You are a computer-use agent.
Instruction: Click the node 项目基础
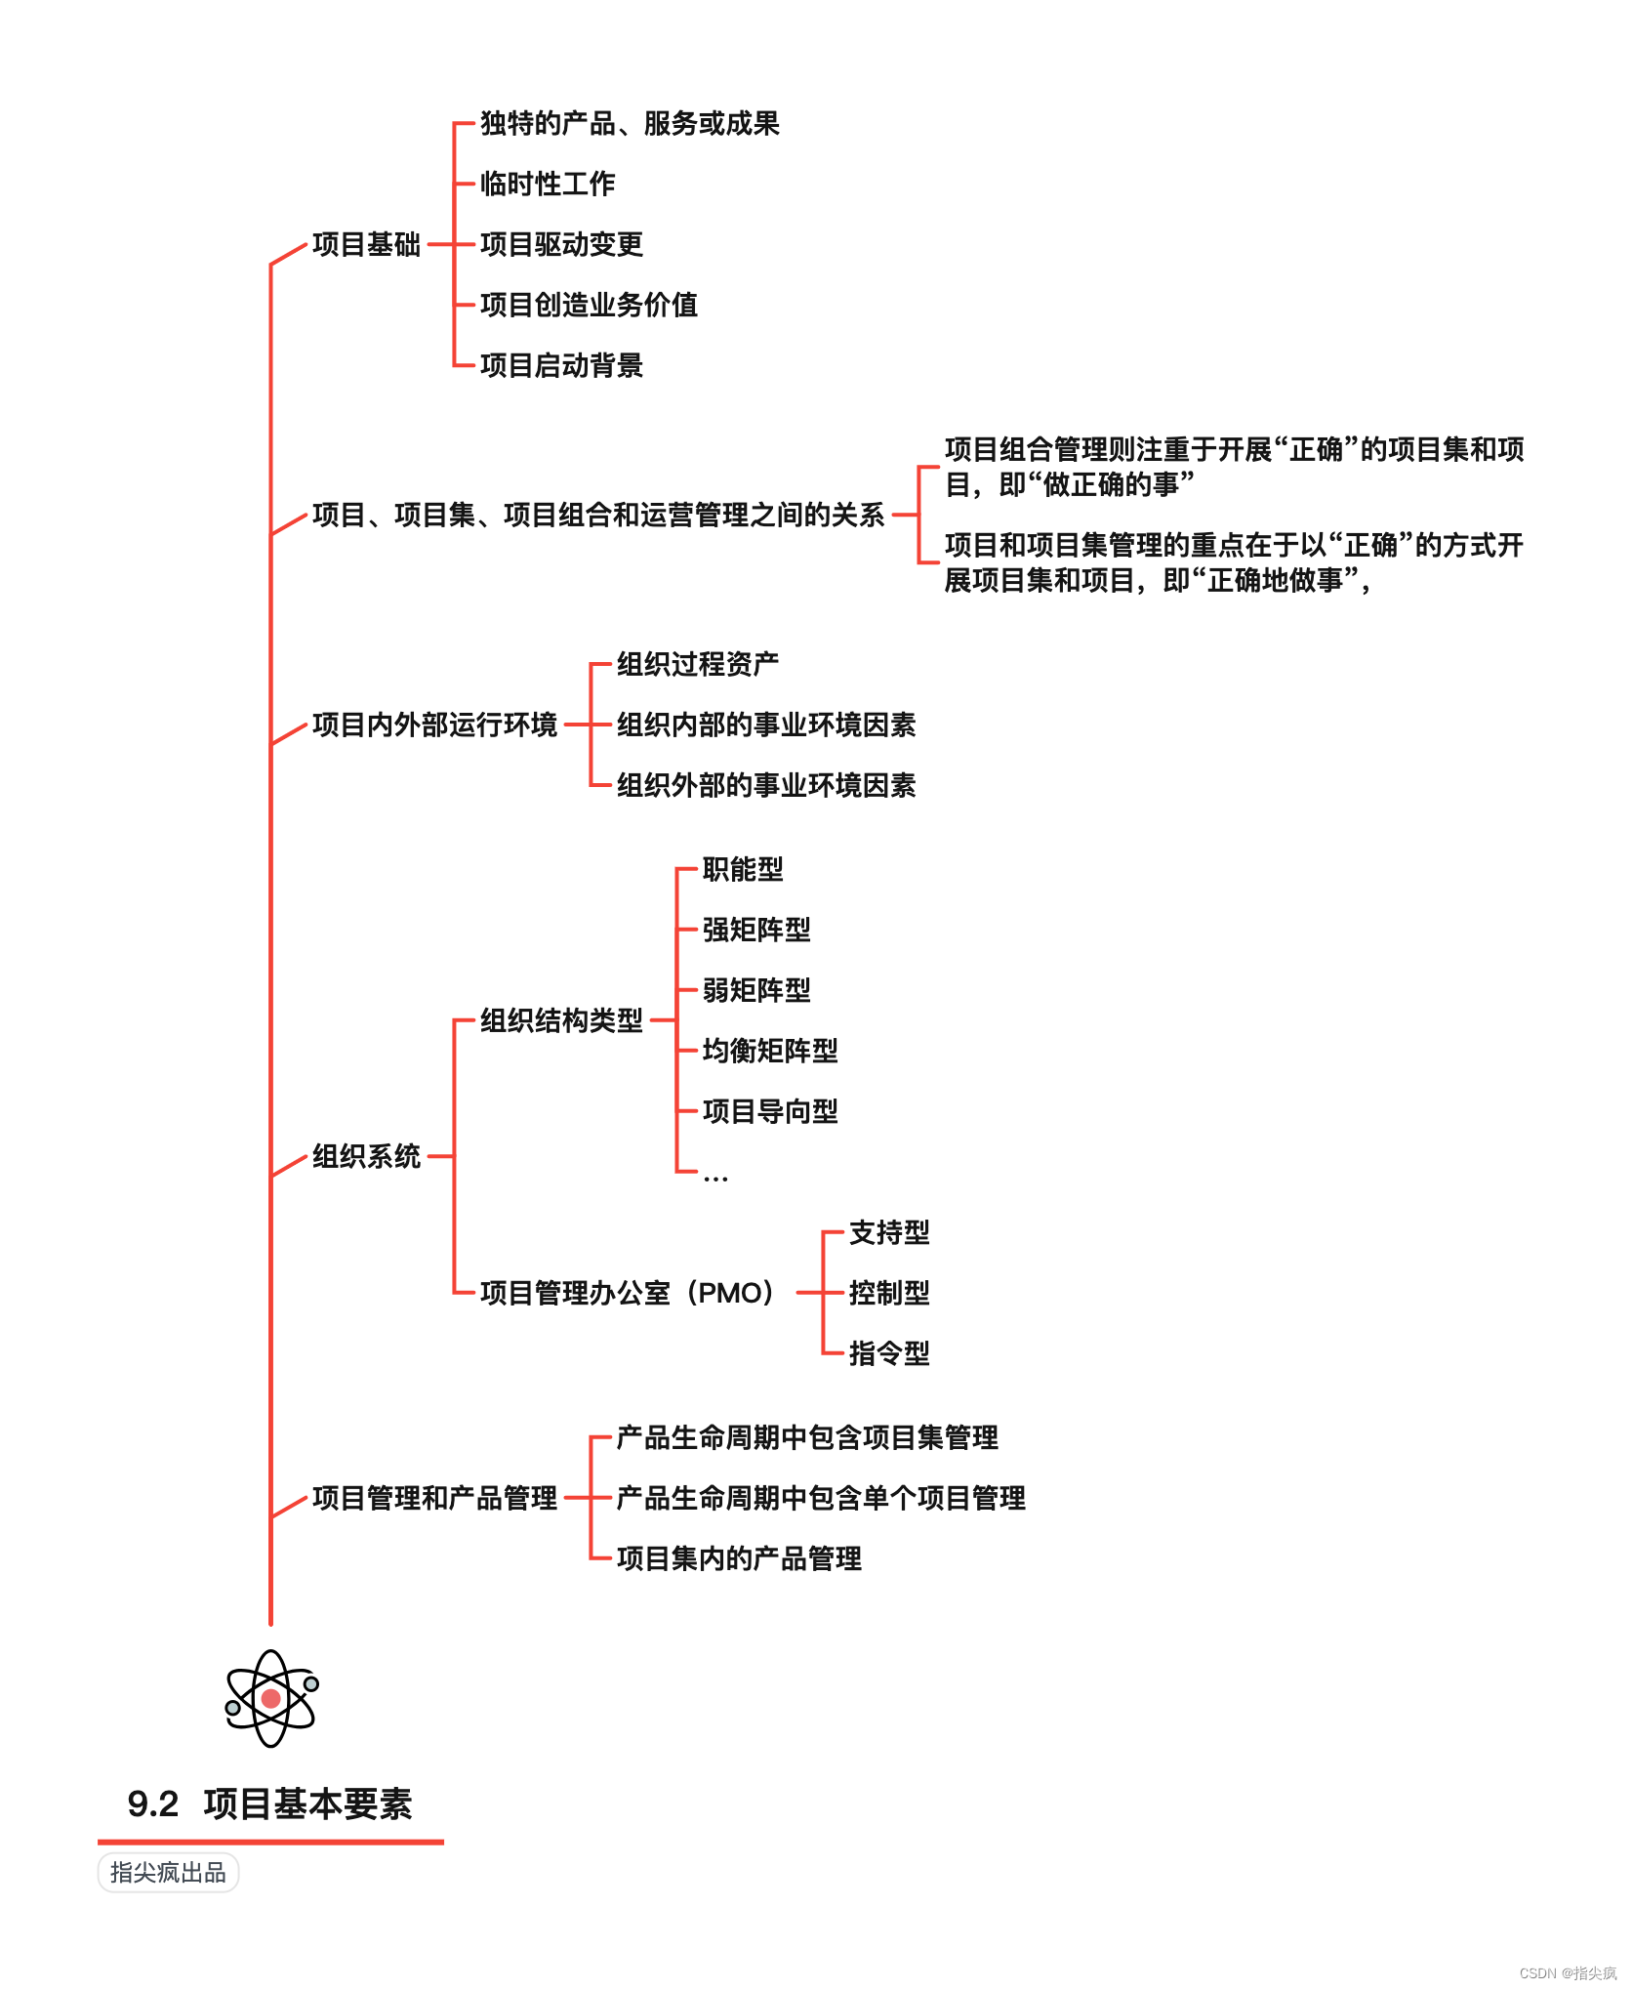click(366, 244)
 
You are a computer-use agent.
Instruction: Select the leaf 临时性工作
click(547, 184)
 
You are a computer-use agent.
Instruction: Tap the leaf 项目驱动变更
click(561, 244)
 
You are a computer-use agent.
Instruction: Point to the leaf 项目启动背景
click(561, 365)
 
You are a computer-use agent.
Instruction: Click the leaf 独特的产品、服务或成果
click(630, 123)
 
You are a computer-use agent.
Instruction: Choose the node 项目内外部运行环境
click(434, 725)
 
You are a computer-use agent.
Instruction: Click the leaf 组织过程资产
click(697, 664)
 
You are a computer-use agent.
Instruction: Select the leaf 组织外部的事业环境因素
click(765, 785)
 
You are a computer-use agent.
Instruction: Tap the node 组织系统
click(366, 1156)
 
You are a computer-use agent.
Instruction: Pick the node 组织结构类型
click(561, 1020)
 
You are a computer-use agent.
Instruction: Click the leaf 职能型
click(742, 869)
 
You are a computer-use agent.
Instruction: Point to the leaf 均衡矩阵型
click(769, 1051)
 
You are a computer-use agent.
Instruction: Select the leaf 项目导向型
click(769, 1111)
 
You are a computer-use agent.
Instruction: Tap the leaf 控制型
click(888, 1293)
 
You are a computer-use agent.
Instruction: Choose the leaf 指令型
click(888, 1353)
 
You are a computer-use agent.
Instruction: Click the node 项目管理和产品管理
click(434, 1498)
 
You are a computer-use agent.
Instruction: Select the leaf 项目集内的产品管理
click(738, 1558)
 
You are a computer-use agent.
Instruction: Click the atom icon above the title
click(271, 1698)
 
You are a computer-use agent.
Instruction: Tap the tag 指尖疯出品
click(168, 1872)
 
